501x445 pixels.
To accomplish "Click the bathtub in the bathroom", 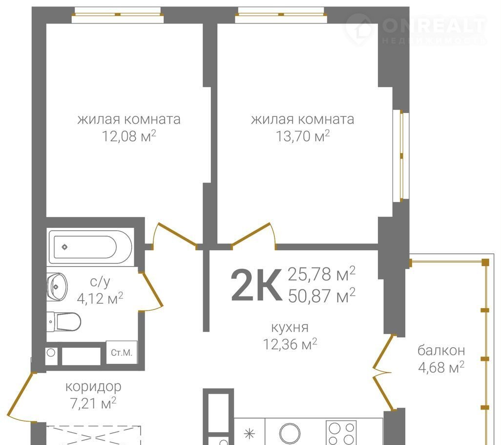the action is pos(90,246).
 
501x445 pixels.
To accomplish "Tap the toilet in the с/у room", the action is pos(64,321).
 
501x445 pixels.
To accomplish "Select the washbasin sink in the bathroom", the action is pos(57,287).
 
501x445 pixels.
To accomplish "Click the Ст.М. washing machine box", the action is pos(122,353).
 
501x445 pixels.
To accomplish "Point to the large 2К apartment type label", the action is pos(256,285).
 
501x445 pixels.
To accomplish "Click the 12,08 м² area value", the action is pos(129,136).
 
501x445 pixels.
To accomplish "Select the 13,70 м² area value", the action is pos(303,136).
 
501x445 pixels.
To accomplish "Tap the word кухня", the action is pos(290,327).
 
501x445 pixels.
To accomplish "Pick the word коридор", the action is pos(93,387).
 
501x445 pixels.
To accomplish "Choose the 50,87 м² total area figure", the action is pos(322,295).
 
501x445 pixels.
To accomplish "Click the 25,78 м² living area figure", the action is pos(322,274).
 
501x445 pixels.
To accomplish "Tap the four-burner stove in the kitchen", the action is pos(341,433).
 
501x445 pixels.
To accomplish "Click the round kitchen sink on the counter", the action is pos(290,434).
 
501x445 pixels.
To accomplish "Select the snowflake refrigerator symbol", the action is pos(250,434).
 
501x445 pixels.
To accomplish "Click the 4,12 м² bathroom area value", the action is pos(100,298).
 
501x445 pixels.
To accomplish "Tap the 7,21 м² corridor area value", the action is pos(93,403).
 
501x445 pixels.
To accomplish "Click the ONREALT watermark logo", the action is pos(416,29).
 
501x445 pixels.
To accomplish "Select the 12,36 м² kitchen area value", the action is pos(290,344).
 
